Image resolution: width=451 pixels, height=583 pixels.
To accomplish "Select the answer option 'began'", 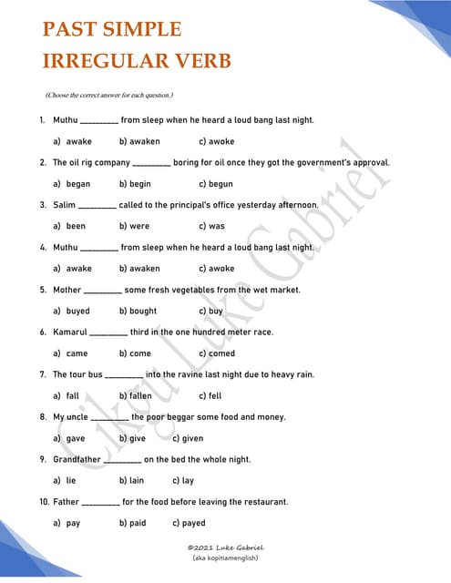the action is click(x=78, y=184).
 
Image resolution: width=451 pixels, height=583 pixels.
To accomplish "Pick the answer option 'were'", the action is click(x=139, y=226).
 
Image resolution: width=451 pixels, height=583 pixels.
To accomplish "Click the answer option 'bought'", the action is click(x=143, y=311).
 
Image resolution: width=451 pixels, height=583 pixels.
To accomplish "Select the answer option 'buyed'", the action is click(x=78, y=311).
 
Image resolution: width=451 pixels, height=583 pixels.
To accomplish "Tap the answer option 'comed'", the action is click(x=221, y=353).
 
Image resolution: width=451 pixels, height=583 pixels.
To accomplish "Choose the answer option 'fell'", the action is click(x=215, y=396).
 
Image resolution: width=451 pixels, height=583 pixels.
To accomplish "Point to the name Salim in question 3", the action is click(x=64, y=205).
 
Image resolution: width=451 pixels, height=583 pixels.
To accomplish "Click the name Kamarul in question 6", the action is click(x=70, y=332).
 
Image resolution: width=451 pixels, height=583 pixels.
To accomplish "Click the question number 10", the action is click(x=43, y=502).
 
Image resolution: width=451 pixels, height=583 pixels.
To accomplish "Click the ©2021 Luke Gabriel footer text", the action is click(x=225, y=547).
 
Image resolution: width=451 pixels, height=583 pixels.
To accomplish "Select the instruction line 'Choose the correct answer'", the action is click(x=109, y=96).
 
